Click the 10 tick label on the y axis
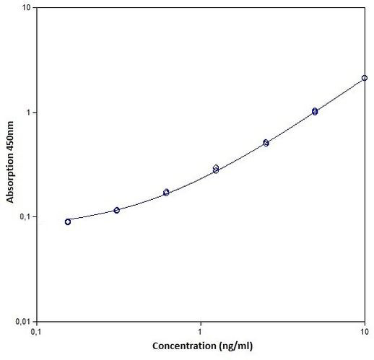(25, 9)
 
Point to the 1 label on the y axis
(27, 113)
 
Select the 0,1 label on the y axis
(23, 217)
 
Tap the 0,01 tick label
(21, 321)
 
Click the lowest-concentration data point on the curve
(68, 221)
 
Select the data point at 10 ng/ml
(365, 78)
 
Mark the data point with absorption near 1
(315, 111)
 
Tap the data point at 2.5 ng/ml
(266, 143)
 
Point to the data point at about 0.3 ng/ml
(116, 210)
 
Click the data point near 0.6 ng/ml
(166, 193)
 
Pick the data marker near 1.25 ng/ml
(216, 169)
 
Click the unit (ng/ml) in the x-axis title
(237, 346)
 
